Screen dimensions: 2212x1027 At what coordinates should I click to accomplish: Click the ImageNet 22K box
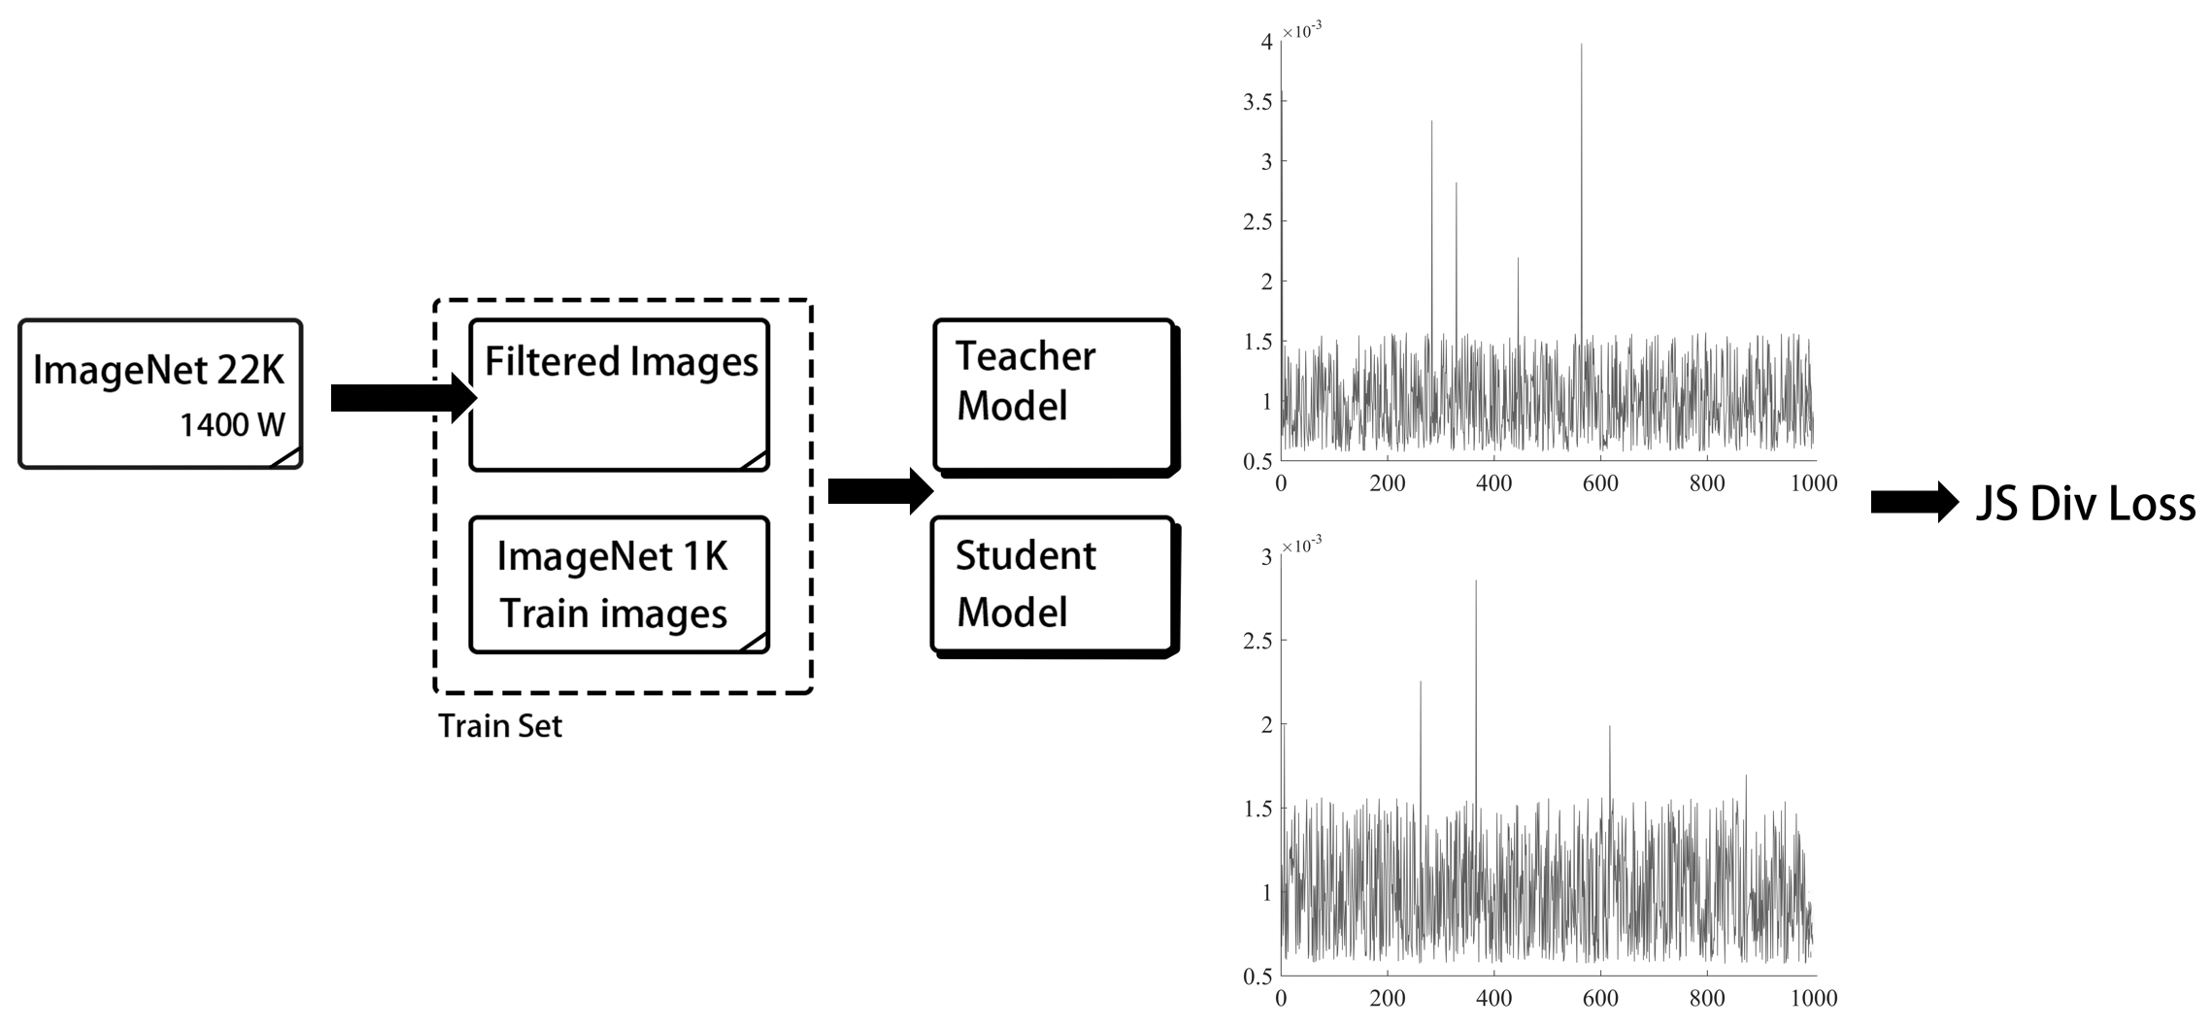[160, 394]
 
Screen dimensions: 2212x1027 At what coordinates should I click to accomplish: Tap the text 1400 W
[233, 425]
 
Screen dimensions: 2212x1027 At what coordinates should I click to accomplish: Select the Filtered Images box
[620, 395]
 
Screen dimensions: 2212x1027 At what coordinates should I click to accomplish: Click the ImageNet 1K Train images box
[620, 584]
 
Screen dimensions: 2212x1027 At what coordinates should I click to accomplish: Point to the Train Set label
[500, 726]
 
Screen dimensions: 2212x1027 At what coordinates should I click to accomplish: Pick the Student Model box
[1056, 586]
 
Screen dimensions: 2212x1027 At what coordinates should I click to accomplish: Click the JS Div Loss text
[2086, 505]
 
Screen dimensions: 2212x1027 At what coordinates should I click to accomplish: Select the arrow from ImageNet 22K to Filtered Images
[404, 398]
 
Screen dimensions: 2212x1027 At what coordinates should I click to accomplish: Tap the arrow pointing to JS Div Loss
[1915, 502]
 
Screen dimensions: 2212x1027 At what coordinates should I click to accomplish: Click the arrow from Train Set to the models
[881, 491]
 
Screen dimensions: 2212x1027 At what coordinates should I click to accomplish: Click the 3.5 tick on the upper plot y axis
[1257, 102]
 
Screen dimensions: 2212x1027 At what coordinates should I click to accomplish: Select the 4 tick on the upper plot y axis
[1266, 42]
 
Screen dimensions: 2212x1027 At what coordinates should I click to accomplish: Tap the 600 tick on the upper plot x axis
[1600, 483]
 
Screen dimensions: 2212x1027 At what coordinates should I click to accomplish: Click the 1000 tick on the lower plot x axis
[1813, 998]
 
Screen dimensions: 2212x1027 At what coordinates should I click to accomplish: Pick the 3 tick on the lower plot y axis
[1266, 557]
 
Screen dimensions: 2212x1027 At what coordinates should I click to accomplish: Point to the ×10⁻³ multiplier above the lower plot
[1301, 546]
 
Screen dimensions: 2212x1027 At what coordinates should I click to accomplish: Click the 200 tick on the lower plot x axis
[1387, 998]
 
